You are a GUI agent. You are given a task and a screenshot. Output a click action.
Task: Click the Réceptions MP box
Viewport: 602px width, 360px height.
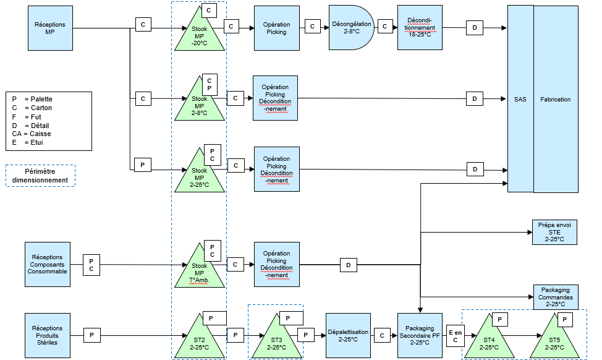[50, 28]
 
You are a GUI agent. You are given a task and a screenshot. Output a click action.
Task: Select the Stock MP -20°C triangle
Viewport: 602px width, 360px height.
[200, 35]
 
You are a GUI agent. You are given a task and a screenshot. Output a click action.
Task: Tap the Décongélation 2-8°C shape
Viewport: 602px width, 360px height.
[351, 28]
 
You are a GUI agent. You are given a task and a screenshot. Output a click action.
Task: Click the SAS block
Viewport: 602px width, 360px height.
[520, 99]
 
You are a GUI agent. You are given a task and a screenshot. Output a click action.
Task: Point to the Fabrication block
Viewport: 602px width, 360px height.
[556, 99]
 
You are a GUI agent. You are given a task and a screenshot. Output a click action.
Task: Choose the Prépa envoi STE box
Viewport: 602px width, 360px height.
[554, 232]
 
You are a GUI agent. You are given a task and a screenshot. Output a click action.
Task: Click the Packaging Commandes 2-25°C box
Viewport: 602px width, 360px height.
[556, 297]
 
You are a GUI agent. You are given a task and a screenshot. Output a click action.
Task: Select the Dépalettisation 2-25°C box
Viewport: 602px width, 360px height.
[348, 335]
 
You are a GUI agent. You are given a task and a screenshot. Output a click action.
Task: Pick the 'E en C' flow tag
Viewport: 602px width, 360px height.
[456, 336]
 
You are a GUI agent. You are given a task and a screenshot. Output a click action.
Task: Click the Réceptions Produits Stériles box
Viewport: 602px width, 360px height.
[48, 335]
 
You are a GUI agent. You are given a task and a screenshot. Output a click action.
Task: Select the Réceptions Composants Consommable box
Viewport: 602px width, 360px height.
[48, 264]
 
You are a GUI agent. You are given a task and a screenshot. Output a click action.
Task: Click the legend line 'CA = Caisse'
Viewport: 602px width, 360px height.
[32, 134]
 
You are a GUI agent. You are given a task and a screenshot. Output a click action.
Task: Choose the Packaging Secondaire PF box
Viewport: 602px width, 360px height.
[420, 335]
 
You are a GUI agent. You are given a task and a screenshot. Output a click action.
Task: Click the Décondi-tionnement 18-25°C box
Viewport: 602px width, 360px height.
[420, 27]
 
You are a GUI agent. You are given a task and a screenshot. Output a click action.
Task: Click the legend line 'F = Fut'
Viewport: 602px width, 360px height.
[27, 117]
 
